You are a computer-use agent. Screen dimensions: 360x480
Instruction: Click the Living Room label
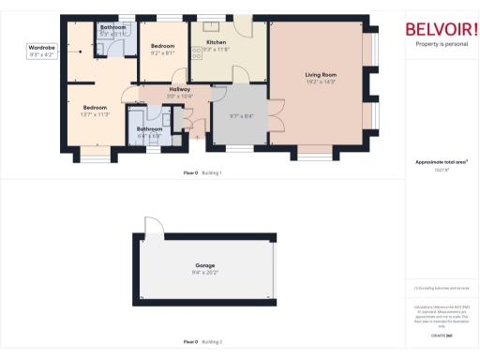(321, 73)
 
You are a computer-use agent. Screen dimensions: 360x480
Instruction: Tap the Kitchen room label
(217, 43)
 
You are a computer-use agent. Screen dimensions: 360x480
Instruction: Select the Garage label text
(204, 266)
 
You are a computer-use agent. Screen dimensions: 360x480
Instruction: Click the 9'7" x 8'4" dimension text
(241, 115)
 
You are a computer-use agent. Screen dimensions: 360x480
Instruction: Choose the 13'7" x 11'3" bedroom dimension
(96, 113)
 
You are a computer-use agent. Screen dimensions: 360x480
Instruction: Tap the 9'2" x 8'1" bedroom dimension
(163, 52)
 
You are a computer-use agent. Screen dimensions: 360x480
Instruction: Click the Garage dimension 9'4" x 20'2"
(204, 273)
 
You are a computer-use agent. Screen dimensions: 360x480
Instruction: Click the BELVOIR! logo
(441, 28)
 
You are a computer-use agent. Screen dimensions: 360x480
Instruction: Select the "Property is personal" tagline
(441, 44)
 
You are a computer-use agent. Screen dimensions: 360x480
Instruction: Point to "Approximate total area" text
(441, 162)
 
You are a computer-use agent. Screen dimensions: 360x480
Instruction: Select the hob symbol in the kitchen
(197, 53)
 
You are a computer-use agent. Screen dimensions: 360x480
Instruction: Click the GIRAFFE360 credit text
(441, 335)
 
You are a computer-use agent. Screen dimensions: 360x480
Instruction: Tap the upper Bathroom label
(113, 28)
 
